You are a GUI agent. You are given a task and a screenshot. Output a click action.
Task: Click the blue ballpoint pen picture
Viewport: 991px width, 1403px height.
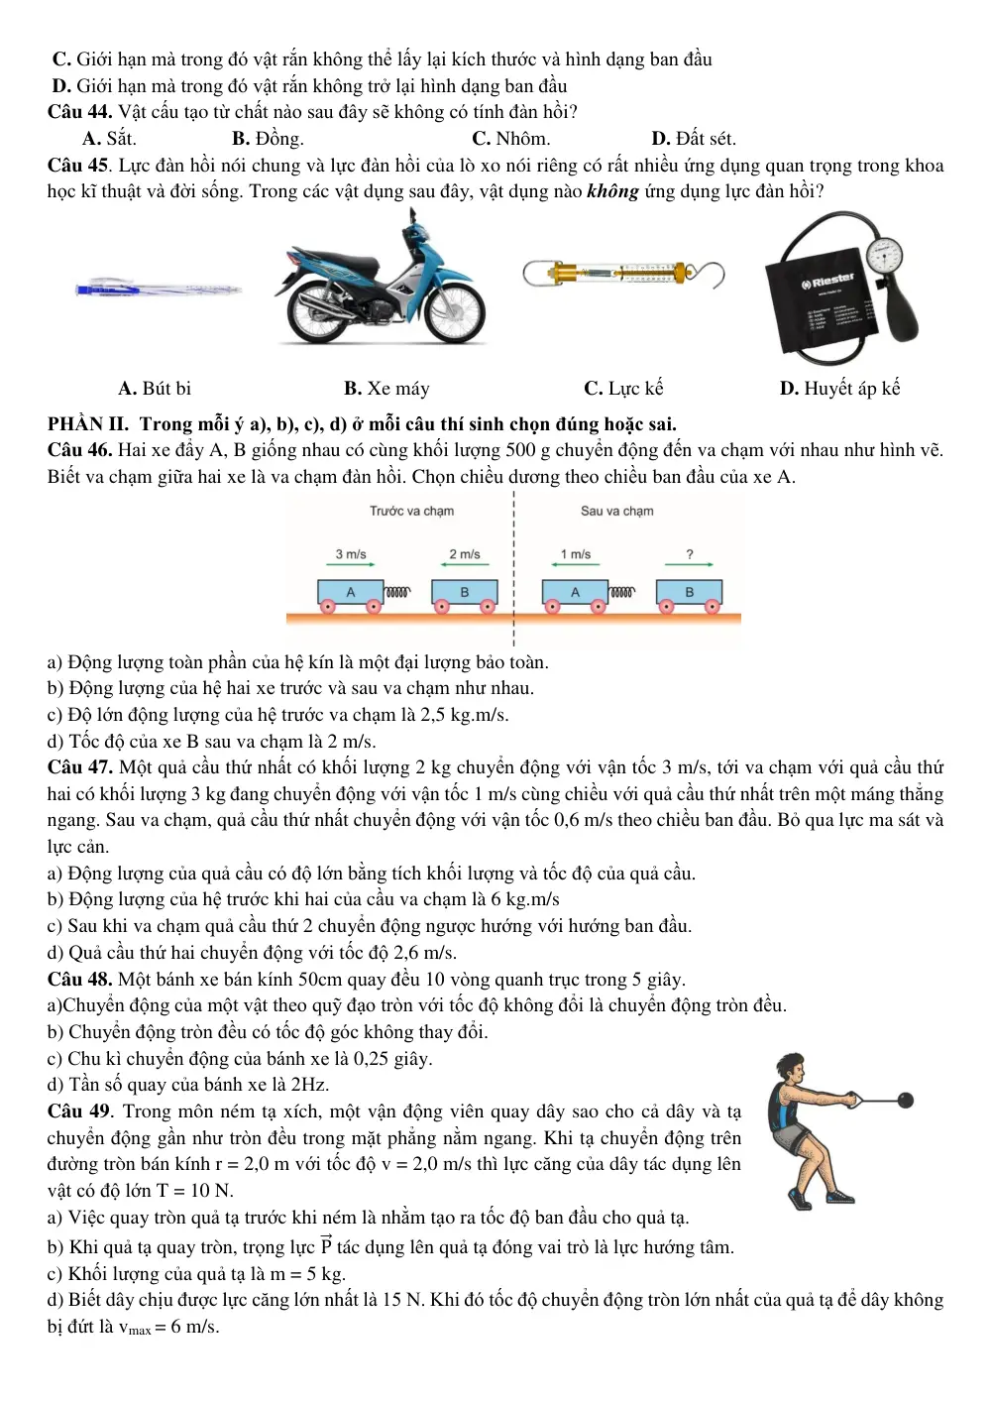[159, 290]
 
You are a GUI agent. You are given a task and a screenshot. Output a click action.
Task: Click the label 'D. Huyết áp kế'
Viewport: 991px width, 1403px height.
[839, 389]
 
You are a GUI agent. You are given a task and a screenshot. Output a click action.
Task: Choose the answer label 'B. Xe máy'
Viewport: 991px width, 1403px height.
[386, 389]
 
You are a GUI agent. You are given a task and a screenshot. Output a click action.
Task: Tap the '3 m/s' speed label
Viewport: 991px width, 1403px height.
[351, 553]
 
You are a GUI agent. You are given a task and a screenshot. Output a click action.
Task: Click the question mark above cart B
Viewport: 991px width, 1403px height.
[690, 553]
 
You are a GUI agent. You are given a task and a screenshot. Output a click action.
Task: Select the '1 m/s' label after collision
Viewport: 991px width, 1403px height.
[576, 553]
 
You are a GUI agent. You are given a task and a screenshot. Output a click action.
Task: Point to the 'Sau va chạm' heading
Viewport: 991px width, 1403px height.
[616, 511]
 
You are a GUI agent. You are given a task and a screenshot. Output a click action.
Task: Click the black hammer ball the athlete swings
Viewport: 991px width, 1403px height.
[905, 1100]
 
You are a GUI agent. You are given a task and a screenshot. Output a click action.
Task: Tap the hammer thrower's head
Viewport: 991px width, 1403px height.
[791, 1069]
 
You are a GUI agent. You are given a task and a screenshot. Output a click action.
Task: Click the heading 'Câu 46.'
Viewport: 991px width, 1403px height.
[79, 450]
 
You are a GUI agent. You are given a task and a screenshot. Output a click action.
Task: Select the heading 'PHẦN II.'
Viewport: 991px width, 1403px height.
[87, 424]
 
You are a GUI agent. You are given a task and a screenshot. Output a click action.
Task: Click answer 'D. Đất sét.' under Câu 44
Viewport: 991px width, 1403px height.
[694, 139]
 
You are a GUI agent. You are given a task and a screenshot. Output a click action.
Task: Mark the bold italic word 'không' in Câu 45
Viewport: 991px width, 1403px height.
[612, 191]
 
